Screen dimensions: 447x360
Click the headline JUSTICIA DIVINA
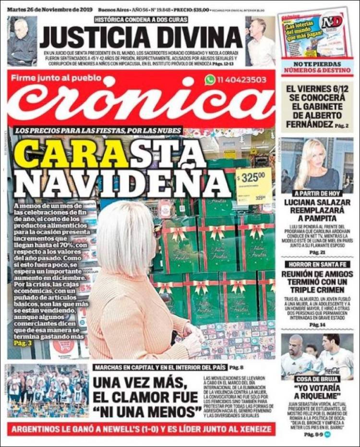[x=141, y=36]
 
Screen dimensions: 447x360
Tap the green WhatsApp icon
[x=210, y=80]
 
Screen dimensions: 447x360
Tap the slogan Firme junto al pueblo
[x=56, y=78]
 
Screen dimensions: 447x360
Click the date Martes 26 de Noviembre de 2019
[x=50, y=10]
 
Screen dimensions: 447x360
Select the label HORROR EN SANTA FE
[x=317, y=264]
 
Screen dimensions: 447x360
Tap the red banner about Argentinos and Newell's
[x=142, y=429]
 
